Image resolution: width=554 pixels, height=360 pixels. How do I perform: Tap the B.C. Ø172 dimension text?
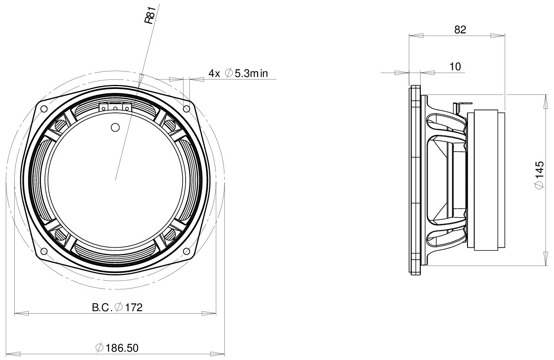click(117, 307)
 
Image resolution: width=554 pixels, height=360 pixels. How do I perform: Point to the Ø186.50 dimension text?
click(117, 348)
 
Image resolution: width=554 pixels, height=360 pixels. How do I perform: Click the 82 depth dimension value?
click(459, 30)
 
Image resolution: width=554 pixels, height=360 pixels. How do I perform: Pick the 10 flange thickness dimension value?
click(455, 67)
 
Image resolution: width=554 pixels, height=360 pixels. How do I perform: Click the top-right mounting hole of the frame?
click(186, 108)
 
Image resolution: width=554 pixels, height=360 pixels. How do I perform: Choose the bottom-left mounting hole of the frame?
click(44, 250)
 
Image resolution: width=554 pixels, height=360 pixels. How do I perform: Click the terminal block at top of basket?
click(115, 107)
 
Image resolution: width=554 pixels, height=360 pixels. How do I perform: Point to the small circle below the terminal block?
click(115, 127)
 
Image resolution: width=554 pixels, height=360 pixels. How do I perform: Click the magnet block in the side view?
click(486, 181)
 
